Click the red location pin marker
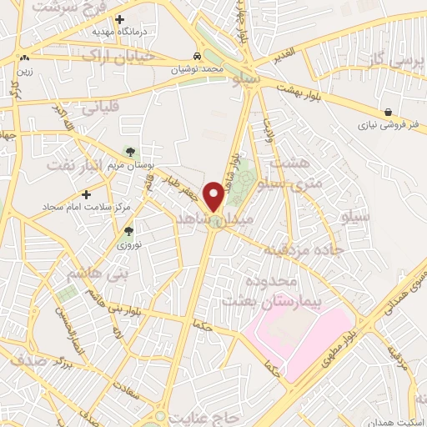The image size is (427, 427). [x=214, y=196]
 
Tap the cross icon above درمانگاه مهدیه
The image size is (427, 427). [x=120, y=18]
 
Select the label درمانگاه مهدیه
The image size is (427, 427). [x=119, y=32]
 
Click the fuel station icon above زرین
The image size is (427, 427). [x=25, y=58]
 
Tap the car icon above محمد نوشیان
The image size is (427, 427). [x=197, y=57]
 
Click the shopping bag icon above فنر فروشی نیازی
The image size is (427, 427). [x=389, y=112]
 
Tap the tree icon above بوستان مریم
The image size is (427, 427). [x=129, y=151]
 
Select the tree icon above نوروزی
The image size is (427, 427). [x=128, y=232]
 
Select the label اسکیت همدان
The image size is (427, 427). [x=398, y=422]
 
